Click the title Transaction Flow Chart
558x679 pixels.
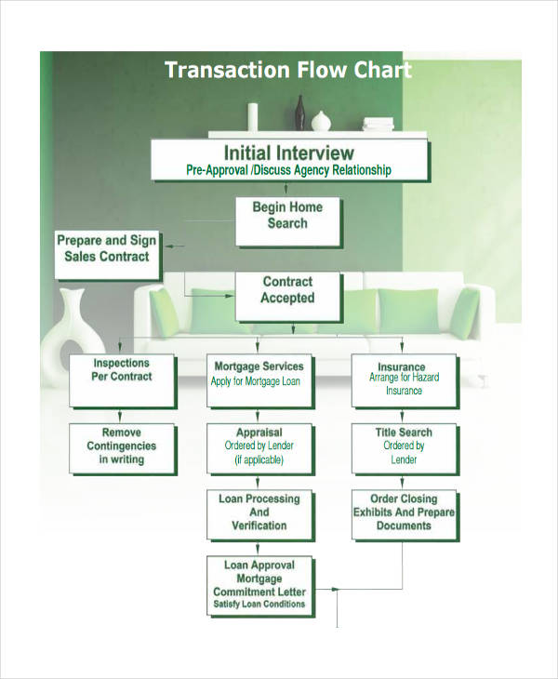coord(287,71)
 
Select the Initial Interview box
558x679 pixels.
coord(289,159)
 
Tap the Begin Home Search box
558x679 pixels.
coord(287,220)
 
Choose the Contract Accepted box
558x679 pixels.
coord(287,295)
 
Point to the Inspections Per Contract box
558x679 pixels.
coord(122,379)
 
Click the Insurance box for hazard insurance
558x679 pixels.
coord(403,379)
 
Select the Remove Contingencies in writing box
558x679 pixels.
coord(122,448)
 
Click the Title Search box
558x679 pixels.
coord(403,448)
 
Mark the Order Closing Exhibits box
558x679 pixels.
coord(403,514)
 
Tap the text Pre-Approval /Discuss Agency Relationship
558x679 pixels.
coord(289,170)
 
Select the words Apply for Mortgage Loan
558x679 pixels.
coord(257,381)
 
